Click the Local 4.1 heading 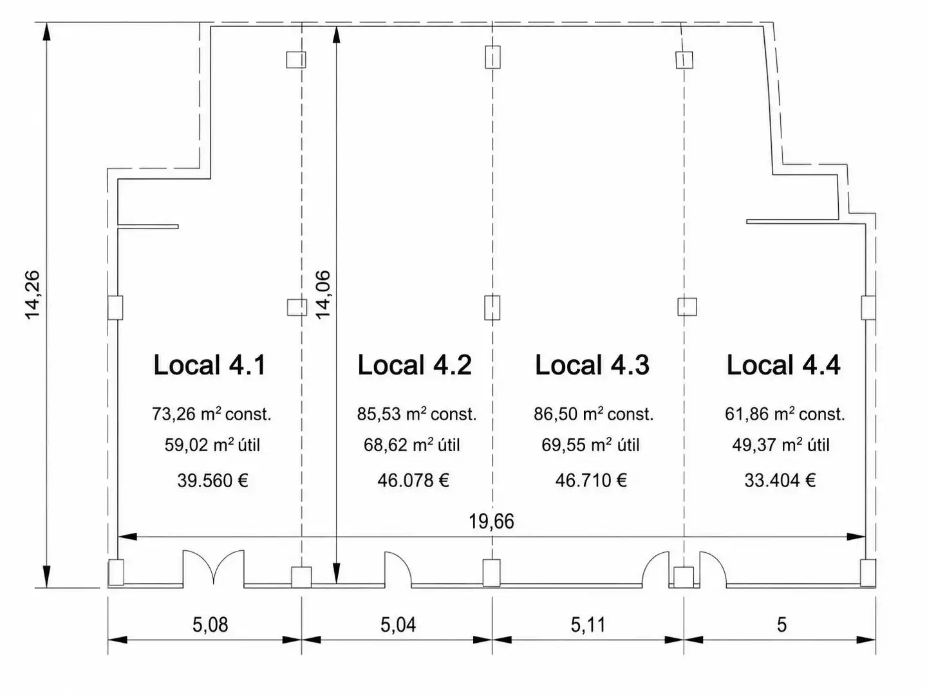(x=209, y=365)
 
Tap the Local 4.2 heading (x=415, y=365)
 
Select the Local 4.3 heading (x=592, y=365)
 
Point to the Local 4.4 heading (x=783, y=365)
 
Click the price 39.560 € (x=212, y=481)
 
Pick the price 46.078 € (x=413, y=481)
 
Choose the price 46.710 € (x=591, y=481)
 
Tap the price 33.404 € (x=780, y=481)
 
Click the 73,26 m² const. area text (x=212, y=414)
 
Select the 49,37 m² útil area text (x=781, y=445)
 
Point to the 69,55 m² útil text (x=590, y=445)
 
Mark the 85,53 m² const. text (x=417, y=414)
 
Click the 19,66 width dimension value (x=492, y=522)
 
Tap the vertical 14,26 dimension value (x=33, y=295)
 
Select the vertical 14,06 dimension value (x=323, y=295)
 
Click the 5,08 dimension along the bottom (x=211, y=625)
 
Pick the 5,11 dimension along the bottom (x=588, y=625)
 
